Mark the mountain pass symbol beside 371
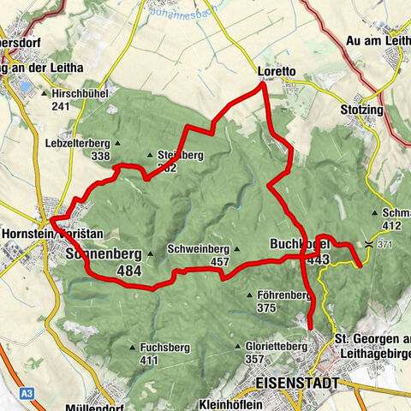click(x=369, y=244)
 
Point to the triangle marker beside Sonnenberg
click(x=150, y=253)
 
